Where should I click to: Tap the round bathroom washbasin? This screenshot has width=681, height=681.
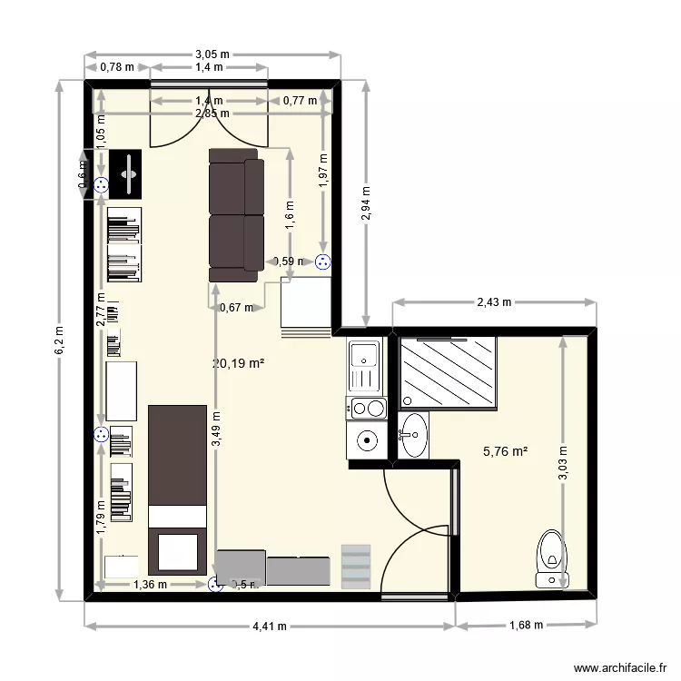click(414, 435)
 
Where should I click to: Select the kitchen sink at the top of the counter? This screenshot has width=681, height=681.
click(366, 365)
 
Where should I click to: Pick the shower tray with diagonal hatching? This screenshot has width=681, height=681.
click(449, 371)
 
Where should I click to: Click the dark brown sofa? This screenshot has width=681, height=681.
click(236, 215)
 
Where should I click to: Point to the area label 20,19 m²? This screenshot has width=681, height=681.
click(238, 364)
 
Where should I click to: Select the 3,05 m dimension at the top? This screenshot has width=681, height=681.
click(212, 54)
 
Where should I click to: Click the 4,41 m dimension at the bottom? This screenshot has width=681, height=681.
click(270, 626)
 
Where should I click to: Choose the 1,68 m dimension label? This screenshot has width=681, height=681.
click(526, 625)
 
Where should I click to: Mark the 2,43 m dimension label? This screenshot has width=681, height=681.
click(494, 301)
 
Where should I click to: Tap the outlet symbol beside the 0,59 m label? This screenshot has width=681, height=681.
click(322, 262)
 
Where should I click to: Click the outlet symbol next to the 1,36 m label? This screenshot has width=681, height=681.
click(214, 585)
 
